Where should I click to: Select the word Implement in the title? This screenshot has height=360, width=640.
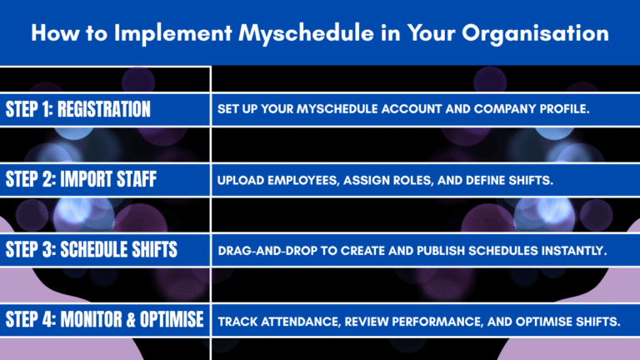coord(175,34)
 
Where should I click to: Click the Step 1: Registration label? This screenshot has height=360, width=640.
coord(78,109)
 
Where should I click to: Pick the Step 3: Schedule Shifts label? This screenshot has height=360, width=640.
coord(92,249)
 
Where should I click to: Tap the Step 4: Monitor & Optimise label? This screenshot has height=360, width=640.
coord(104,319)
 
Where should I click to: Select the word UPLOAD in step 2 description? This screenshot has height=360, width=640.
coord(242,180)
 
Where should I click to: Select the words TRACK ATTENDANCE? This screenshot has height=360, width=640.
coord(275,320)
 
